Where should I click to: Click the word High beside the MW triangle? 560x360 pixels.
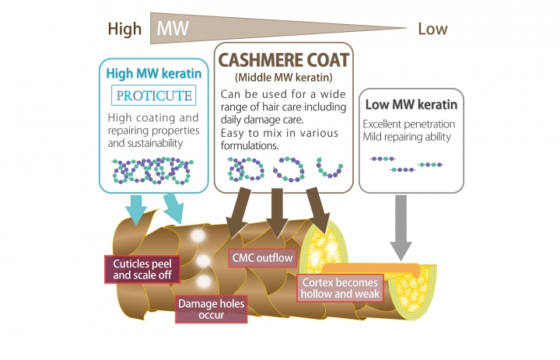pos(124,30)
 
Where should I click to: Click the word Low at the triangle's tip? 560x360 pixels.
pos(432,30)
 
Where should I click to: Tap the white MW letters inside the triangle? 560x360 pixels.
pos(173,30)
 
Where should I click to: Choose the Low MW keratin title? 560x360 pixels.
pos(410,105)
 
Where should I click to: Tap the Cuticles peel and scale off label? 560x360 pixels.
pos(142,269)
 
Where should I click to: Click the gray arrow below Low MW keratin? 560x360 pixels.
pos(401,226)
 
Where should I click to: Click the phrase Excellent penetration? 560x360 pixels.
pos(409,124)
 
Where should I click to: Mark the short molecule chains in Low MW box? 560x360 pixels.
pos(410,163)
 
